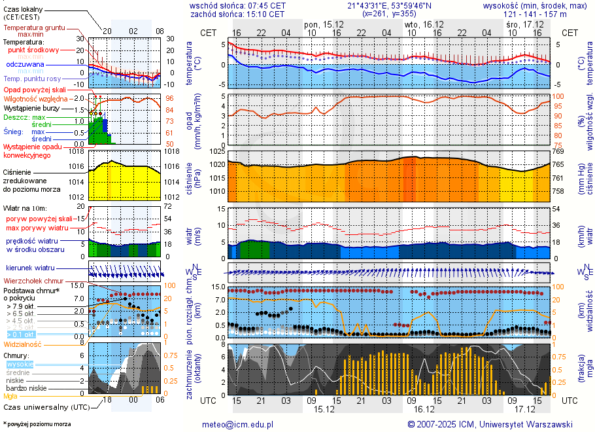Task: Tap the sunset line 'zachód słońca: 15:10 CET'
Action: click(x=237, y=13)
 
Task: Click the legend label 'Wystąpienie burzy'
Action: click(x=31, y=107)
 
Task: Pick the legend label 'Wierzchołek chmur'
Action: click(x=33, y=280)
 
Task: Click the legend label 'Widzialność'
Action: click(x=23, y=343)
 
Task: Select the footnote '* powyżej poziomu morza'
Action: click(x=37, y=424)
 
